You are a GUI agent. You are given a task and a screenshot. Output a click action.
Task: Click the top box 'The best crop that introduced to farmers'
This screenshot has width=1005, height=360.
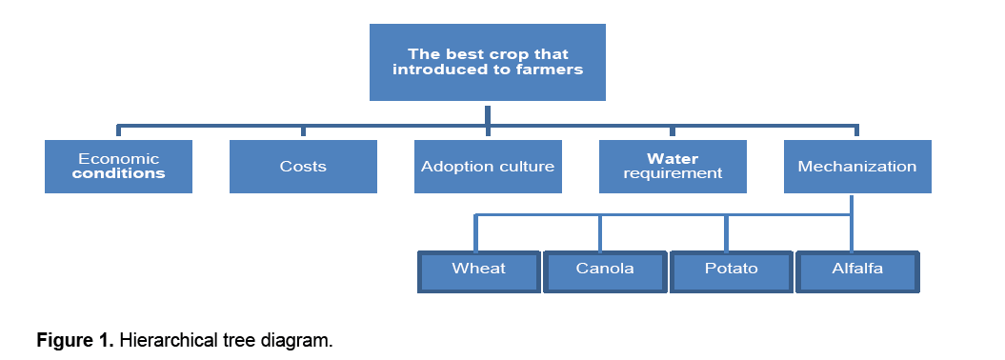487,62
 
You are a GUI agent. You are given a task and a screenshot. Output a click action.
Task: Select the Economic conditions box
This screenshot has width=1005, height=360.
118,167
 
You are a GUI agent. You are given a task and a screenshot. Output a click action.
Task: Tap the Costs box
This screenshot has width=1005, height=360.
303,167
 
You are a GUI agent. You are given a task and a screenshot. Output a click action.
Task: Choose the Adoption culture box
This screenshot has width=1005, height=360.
488,167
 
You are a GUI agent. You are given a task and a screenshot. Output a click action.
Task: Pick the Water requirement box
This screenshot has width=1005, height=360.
673,167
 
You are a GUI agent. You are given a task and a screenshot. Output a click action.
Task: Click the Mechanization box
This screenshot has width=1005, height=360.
857,167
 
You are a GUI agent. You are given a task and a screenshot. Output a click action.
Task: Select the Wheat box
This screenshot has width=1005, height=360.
479,272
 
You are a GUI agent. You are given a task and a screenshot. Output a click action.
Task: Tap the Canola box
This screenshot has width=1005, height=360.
605,272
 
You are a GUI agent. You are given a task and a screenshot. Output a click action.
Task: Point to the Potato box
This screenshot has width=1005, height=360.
732,272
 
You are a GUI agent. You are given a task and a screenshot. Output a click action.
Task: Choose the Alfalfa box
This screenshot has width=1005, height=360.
857,272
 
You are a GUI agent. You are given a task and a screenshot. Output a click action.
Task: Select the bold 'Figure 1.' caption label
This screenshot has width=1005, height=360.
75,340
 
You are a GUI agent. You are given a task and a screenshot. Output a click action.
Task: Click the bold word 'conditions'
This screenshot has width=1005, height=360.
118,173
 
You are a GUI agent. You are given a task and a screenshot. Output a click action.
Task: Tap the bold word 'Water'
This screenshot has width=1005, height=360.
673,159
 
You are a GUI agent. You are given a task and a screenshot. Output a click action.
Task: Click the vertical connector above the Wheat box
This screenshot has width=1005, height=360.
475,233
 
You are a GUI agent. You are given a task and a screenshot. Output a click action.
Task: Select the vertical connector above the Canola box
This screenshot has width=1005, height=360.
600,233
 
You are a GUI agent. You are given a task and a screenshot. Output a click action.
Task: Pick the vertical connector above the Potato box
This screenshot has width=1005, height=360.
726,233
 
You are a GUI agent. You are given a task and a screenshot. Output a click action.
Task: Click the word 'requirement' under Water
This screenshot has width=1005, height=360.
673,173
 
